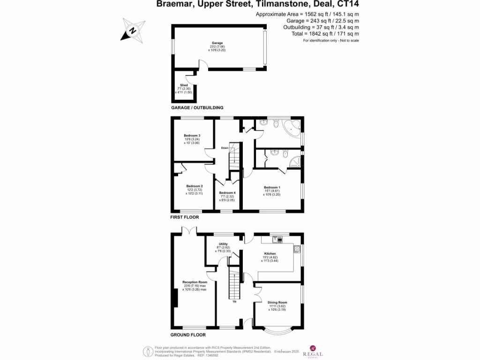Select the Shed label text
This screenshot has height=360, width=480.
(x=184, y=85)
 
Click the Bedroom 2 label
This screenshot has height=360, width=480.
(x=194, y=186)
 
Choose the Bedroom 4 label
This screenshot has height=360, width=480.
(x=227, y=193)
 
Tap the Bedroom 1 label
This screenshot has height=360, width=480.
(x=271, y=187)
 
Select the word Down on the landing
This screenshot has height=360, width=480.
(x=225, y=148)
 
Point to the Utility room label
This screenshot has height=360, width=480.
(x=223, y=244)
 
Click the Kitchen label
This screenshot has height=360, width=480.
(x=276, y=254)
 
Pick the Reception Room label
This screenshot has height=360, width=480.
(x=195, y=282)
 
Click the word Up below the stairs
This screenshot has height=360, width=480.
(x=235, y=301)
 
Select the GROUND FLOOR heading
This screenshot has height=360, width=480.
(x=188, y=335)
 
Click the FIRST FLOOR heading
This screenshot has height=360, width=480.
(x=184, y=217)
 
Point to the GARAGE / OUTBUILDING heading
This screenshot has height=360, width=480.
(x=196, y=107)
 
